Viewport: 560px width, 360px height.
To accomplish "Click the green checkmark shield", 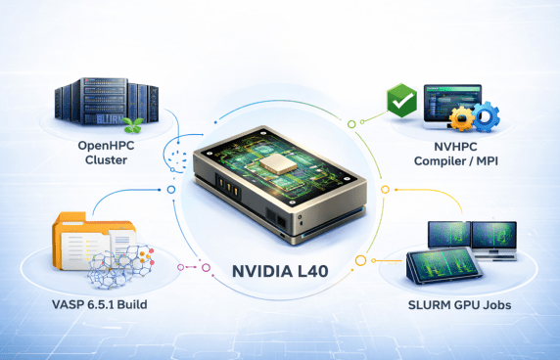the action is coord(401,100).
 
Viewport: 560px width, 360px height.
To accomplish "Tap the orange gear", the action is coord(462,118).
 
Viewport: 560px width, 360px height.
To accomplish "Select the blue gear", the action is coord(486,115).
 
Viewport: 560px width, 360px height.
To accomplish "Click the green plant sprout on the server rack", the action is coord(133,124).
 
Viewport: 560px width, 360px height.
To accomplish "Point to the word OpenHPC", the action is coord(106,146).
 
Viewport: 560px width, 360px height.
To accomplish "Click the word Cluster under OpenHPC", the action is coord(106,159).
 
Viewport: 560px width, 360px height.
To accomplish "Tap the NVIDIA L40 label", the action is coord(280,271).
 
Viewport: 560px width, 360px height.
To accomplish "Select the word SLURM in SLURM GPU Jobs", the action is coord(429,305).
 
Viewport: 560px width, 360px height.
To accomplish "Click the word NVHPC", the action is coord(455,147).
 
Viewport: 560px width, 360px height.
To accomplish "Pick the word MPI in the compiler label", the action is coord(488,160).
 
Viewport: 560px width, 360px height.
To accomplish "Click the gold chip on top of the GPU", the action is coord(277,164).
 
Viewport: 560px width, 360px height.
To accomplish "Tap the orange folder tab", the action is coord(70,217).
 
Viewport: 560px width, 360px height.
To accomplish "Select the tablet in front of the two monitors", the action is coord(443,265).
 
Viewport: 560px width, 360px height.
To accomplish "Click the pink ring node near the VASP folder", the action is coord(206,268).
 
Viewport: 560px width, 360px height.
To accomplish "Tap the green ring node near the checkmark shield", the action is coord(351,124).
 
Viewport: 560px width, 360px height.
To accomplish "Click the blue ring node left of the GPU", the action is coord(171,190).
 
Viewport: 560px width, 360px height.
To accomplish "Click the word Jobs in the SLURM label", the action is coord(497,305).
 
